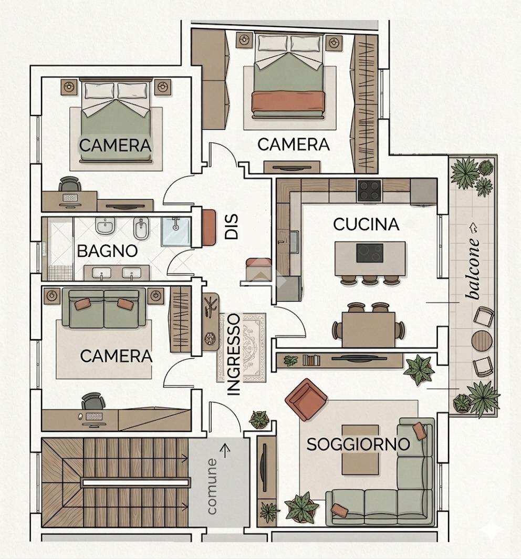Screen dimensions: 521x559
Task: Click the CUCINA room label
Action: (366, 224)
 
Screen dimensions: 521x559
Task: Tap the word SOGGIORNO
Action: (358, 444)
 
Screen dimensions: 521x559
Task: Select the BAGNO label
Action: (107, 251)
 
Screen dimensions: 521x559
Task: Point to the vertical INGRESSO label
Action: (234, 354)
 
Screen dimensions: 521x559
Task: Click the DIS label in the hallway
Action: (231, 226)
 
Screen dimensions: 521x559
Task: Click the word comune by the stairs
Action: (212, 486)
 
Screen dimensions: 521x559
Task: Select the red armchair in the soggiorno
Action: (307, 400)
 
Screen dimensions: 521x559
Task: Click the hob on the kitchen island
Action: (370, 253)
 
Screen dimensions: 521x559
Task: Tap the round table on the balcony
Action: (482, 341)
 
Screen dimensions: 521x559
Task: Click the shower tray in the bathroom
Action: (175, 231)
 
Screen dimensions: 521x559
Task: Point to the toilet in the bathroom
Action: (106, 226)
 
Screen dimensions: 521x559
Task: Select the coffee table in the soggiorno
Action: (360, 450)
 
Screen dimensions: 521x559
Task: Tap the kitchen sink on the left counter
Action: (294, 241)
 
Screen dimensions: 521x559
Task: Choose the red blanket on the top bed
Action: (288, 101)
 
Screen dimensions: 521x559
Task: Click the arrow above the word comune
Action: (225, 451)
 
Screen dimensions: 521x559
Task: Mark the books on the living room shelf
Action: (311, 360)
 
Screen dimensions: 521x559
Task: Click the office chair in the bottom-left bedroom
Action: (93, 401)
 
